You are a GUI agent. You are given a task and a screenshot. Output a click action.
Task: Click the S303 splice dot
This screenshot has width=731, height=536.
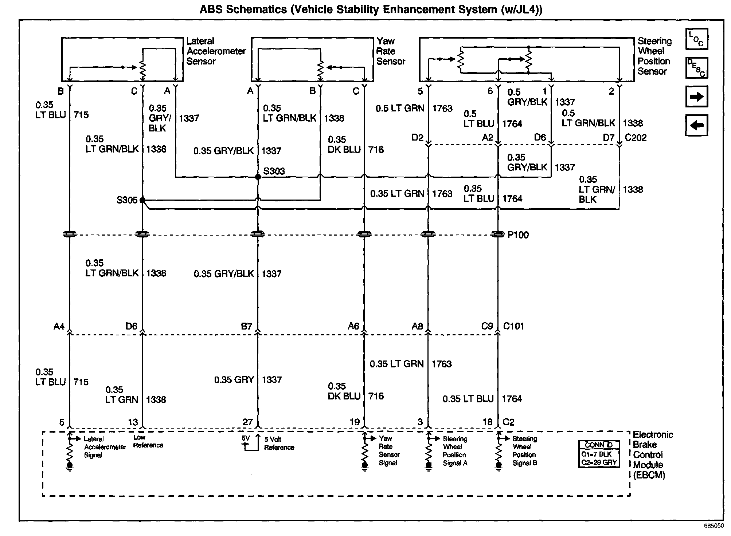[x=258, y=177]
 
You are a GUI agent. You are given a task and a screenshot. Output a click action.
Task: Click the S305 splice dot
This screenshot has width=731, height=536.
[x=142, y=200]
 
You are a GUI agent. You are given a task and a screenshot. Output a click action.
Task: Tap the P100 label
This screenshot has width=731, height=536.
[x=518, y=235]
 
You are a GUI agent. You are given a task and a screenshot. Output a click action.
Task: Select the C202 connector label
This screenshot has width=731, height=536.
[x=636, y=138]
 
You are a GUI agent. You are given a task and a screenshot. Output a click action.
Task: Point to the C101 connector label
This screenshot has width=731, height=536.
[x=513, y=326]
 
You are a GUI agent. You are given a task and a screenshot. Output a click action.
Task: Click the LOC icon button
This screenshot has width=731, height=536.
[x=696, y=39]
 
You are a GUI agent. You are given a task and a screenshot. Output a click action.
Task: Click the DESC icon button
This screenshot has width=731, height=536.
[x=696, y=68]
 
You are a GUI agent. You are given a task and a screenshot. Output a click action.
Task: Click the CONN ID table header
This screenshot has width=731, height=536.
[x=599, y=445]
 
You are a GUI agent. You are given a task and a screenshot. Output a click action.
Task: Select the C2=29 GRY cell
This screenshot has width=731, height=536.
[x=599, y=462]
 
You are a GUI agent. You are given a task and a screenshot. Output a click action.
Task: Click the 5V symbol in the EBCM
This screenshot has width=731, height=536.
[x=246, y=439]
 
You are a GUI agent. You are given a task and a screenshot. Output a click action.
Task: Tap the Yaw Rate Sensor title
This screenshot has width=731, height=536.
[x=390, y=51]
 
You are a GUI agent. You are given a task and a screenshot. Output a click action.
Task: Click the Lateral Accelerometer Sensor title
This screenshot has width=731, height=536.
[x=216, y=51]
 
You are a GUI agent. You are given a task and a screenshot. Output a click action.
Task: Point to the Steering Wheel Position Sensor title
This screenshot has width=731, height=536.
[x=654, y=56]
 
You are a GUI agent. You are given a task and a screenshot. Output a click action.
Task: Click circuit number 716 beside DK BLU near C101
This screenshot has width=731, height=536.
[x=376, y=396]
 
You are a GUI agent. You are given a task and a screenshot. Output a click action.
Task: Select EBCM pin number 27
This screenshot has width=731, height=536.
[x=248, y=422]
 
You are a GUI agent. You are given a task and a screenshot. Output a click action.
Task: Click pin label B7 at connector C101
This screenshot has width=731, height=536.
[x=247, y=326]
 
